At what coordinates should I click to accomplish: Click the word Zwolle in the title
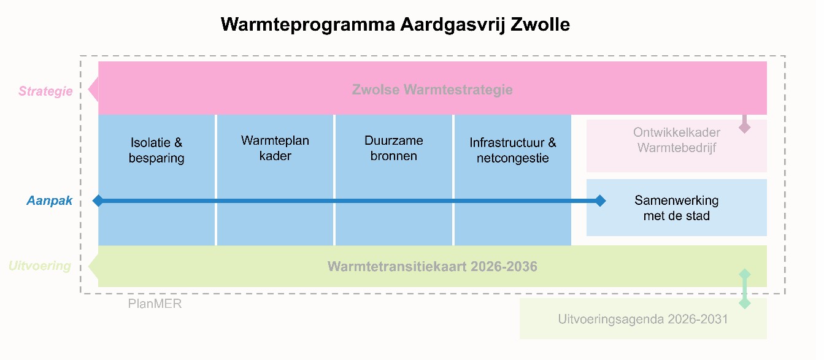(540, 25)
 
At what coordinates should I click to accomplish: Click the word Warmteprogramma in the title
(308, 25)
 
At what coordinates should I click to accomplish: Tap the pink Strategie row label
(45, 91)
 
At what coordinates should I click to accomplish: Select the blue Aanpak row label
(50, 201)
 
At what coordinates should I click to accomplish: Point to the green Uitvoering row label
(40, 266)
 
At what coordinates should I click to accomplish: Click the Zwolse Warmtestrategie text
(432, 90)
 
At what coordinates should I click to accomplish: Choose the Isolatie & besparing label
(156, 150)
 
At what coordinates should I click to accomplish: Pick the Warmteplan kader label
(275, 148)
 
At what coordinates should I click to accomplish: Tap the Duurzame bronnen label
(394, 148)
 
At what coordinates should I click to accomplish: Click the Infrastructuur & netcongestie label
(513, 150)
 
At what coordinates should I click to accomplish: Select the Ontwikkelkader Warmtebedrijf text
(677, 140)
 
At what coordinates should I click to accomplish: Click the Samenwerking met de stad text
(677, 208)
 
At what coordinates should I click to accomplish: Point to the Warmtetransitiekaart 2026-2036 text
(432, 267)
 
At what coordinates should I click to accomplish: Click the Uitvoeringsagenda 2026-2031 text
(643, 319)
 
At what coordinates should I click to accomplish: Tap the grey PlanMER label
(155, 304)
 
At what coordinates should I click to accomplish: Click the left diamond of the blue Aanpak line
(98, 201)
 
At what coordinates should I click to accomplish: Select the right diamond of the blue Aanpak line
(600, 201)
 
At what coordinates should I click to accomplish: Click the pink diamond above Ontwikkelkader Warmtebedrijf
(744, 128)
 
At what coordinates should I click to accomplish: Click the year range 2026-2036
(504, 267)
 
